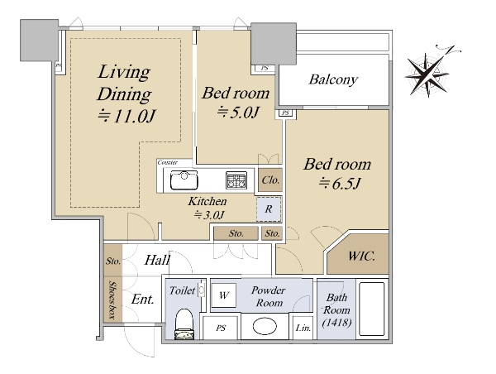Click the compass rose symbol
(x=428, y=74)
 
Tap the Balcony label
(x=333, y=79)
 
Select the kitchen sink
(x=184, y=180)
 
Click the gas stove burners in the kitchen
(x=236, y=180)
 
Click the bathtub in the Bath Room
(x=372, y=309)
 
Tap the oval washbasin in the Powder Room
(x=265, y=326)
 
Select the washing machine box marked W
(x=224, y=295)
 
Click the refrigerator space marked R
(x=269, y=209)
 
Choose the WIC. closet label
(x=362, y=256)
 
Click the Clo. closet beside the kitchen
(x=270, y=180)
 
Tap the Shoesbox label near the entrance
(x=112, y=300)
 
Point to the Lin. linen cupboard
(x=303, y=328)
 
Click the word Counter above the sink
(x=168, y=162)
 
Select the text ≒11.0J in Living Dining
(x=127, y=116)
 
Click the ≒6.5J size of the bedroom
(x=340, y=184)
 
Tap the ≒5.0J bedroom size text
(x=238, y=112)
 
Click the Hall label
(x=157, y=261)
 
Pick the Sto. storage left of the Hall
(x=113, y=261)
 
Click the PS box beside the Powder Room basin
(x=221, y=328)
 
